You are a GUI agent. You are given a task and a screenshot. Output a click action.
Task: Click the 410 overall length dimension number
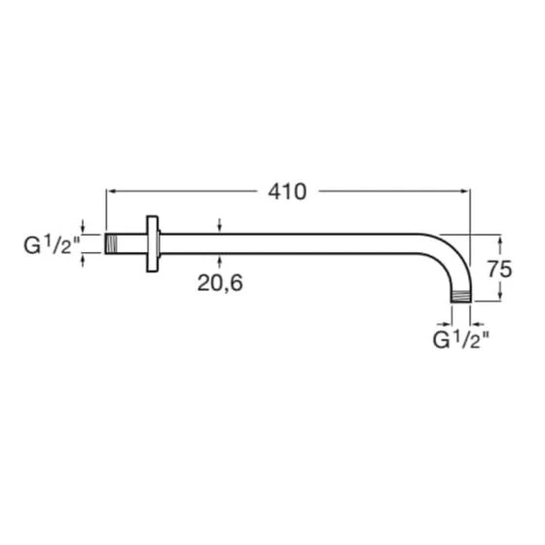click(x=287, y=192)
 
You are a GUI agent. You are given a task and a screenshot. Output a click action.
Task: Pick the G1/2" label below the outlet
click(x=460, y=340)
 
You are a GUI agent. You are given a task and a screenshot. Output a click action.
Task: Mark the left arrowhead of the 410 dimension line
click(x=110, y=192)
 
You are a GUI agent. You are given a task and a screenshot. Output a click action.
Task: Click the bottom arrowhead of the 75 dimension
click(x=499, y=298)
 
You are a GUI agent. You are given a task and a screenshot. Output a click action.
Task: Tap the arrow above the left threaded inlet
click(x=85, y=229)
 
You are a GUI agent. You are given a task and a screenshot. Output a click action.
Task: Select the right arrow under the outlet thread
click(x=476, y=316)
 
